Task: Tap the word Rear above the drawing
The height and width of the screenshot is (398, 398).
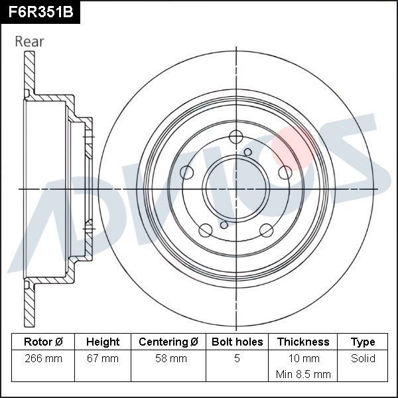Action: click(30, 42)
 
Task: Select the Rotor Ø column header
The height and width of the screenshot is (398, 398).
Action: click(43, 342)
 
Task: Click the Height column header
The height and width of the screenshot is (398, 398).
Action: click(103, 342)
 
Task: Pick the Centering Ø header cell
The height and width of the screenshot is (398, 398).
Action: click(168, 342)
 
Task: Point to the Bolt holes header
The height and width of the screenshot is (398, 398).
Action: click(237, 342)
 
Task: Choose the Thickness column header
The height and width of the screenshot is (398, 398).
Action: click(303, 342)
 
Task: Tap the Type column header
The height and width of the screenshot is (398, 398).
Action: click(363, 342)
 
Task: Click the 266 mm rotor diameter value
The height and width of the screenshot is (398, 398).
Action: click(43, 359)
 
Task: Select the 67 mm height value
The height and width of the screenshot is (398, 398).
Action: click(103, 359)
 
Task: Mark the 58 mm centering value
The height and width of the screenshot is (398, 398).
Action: click(168, 359)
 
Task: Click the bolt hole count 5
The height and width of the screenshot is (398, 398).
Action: click(237, 359)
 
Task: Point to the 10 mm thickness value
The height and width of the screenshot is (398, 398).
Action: click(303, 359)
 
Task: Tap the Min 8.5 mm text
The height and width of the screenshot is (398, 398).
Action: click(303, 374)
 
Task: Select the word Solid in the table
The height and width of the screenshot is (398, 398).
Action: click(363, 359)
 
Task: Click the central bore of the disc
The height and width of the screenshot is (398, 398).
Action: click(236, 189)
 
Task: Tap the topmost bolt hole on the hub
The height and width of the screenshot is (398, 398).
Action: click(236, 137)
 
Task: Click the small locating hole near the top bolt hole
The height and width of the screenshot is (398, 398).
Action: click(248, 153)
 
